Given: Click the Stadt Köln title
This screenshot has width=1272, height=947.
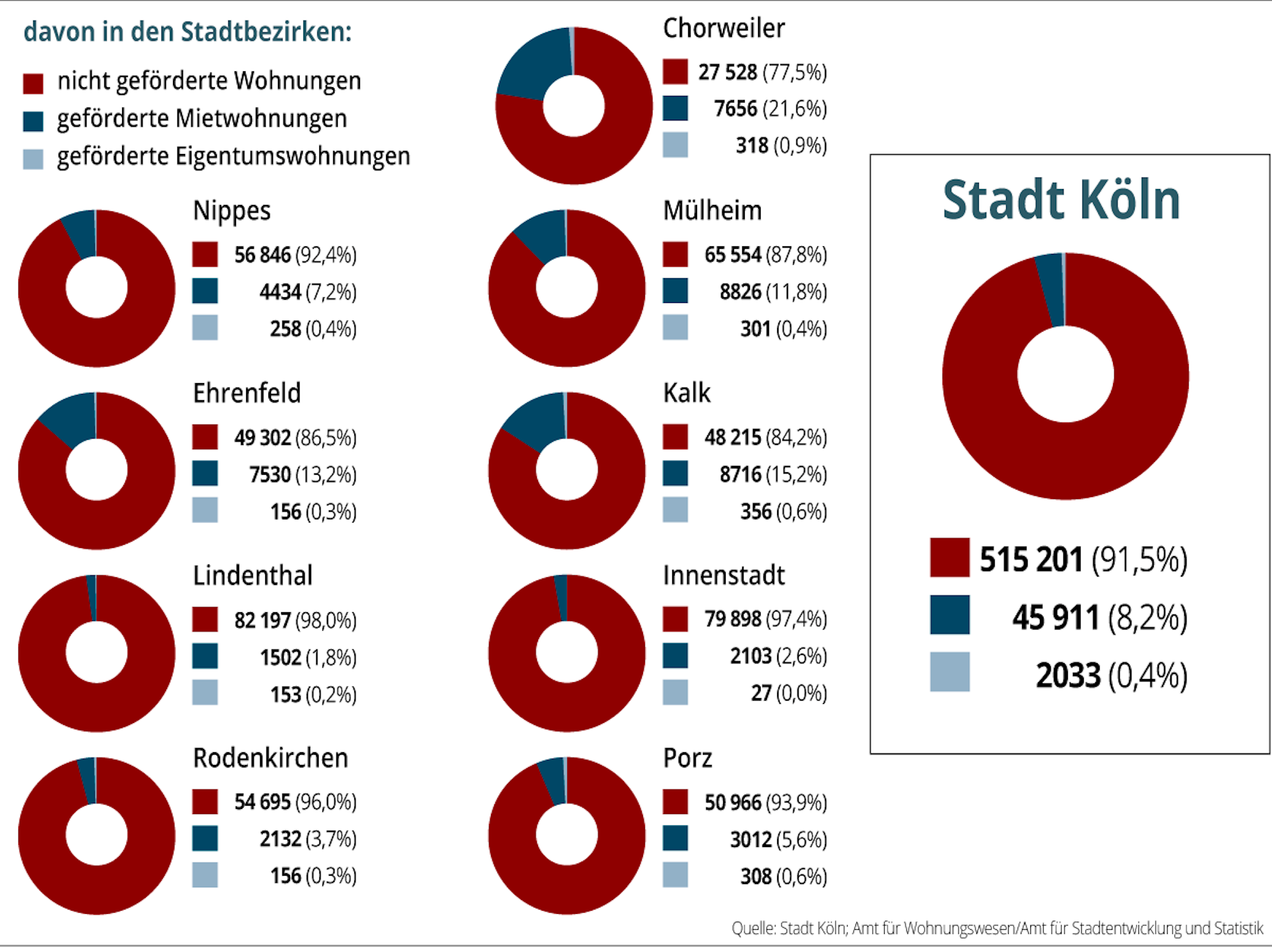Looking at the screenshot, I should [x=1061, y=200].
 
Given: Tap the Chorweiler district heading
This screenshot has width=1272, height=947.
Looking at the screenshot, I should [x=724, y=29].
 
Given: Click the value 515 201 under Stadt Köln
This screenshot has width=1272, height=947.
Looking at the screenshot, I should [x=1030, y=559].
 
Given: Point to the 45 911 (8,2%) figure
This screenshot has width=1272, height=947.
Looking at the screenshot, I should [x=1100, y=617].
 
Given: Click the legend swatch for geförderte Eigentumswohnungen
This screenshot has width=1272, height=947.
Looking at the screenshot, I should [x=33, y=158].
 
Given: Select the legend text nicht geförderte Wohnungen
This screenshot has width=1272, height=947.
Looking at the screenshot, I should [x=209, y=81].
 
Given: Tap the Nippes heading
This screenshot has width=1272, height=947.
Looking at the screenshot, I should [x=232, y=211].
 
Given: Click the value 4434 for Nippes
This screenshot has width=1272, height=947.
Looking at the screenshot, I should [x=280, y=292].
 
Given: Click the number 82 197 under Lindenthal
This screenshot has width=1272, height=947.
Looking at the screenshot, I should [x=262, y=620].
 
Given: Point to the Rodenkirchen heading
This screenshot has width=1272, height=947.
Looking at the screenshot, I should [x=270, y=758].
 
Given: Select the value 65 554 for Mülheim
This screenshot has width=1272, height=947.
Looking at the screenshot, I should [x=732, y=255].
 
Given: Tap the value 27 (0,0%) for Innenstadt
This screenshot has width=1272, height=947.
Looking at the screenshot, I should [x=789, y=693].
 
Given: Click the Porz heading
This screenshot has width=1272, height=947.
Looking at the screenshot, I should [x=688, y=758].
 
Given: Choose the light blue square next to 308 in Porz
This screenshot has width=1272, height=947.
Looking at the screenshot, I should [x=675, y=875].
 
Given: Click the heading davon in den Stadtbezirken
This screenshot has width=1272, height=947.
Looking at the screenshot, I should [x=188, y=32].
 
